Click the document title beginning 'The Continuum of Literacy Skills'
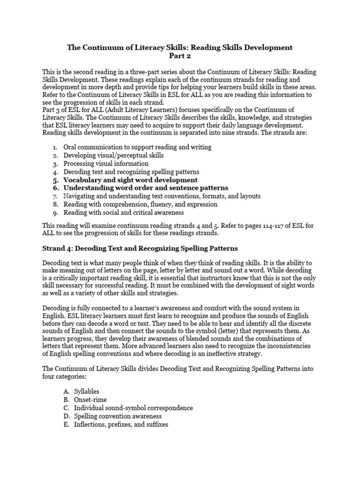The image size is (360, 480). pyautogui.click(x=180, y=47)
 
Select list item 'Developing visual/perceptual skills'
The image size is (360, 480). pyautogui.click(x=113, y=155)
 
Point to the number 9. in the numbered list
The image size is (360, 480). pyautogui.click(x=55, y=213)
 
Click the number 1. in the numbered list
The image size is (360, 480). pyautogui.click(x=55, y=147)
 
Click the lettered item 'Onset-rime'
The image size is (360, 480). pyautogui.click(x=90, y=399)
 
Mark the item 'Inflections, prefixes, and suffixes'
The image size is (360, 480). pyautogui.click(x=121, y=425)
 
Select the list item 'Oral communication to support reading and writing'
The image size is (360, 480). pyautogui.click(x=137, y=147)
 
